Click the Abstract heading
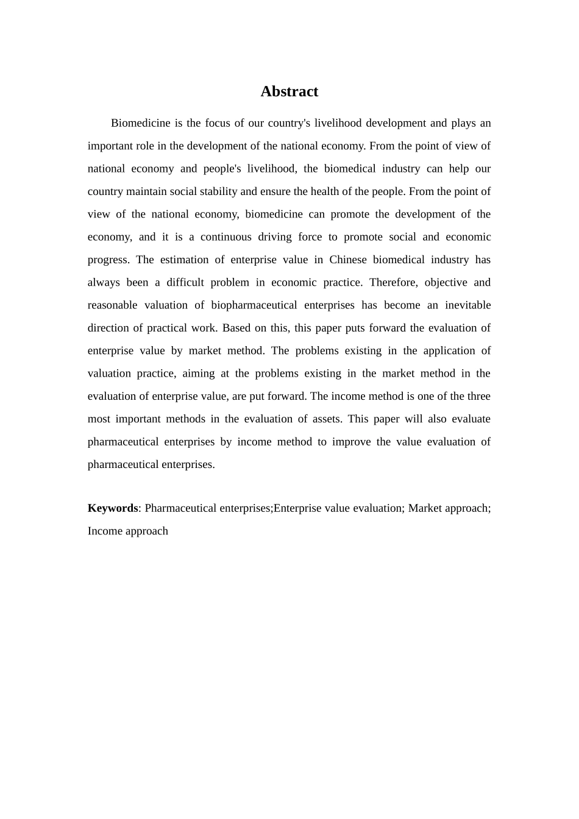[289, 91]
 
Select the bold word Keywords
[113, 508]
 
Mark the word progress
[107, 260]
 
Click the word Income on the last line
[105, 531]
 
